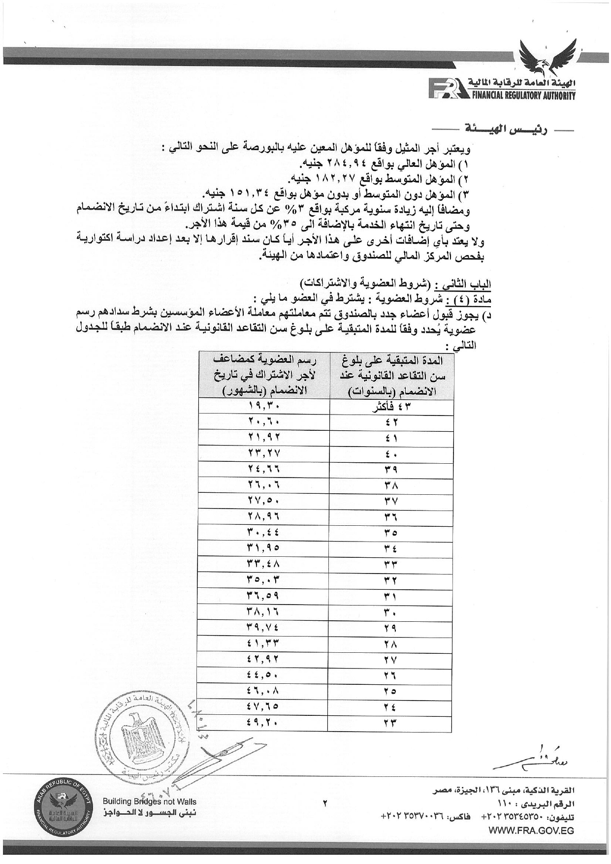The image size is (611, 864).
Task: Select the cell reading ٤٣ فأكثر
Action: point(391,407)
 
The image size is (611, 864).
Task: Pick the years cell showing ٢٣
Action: point(391,722)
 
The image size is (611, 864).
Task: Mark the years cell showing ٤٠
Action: point(391,454)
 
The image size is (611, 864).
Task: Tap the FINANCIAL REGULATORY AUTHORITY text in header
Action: point(520,96)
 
